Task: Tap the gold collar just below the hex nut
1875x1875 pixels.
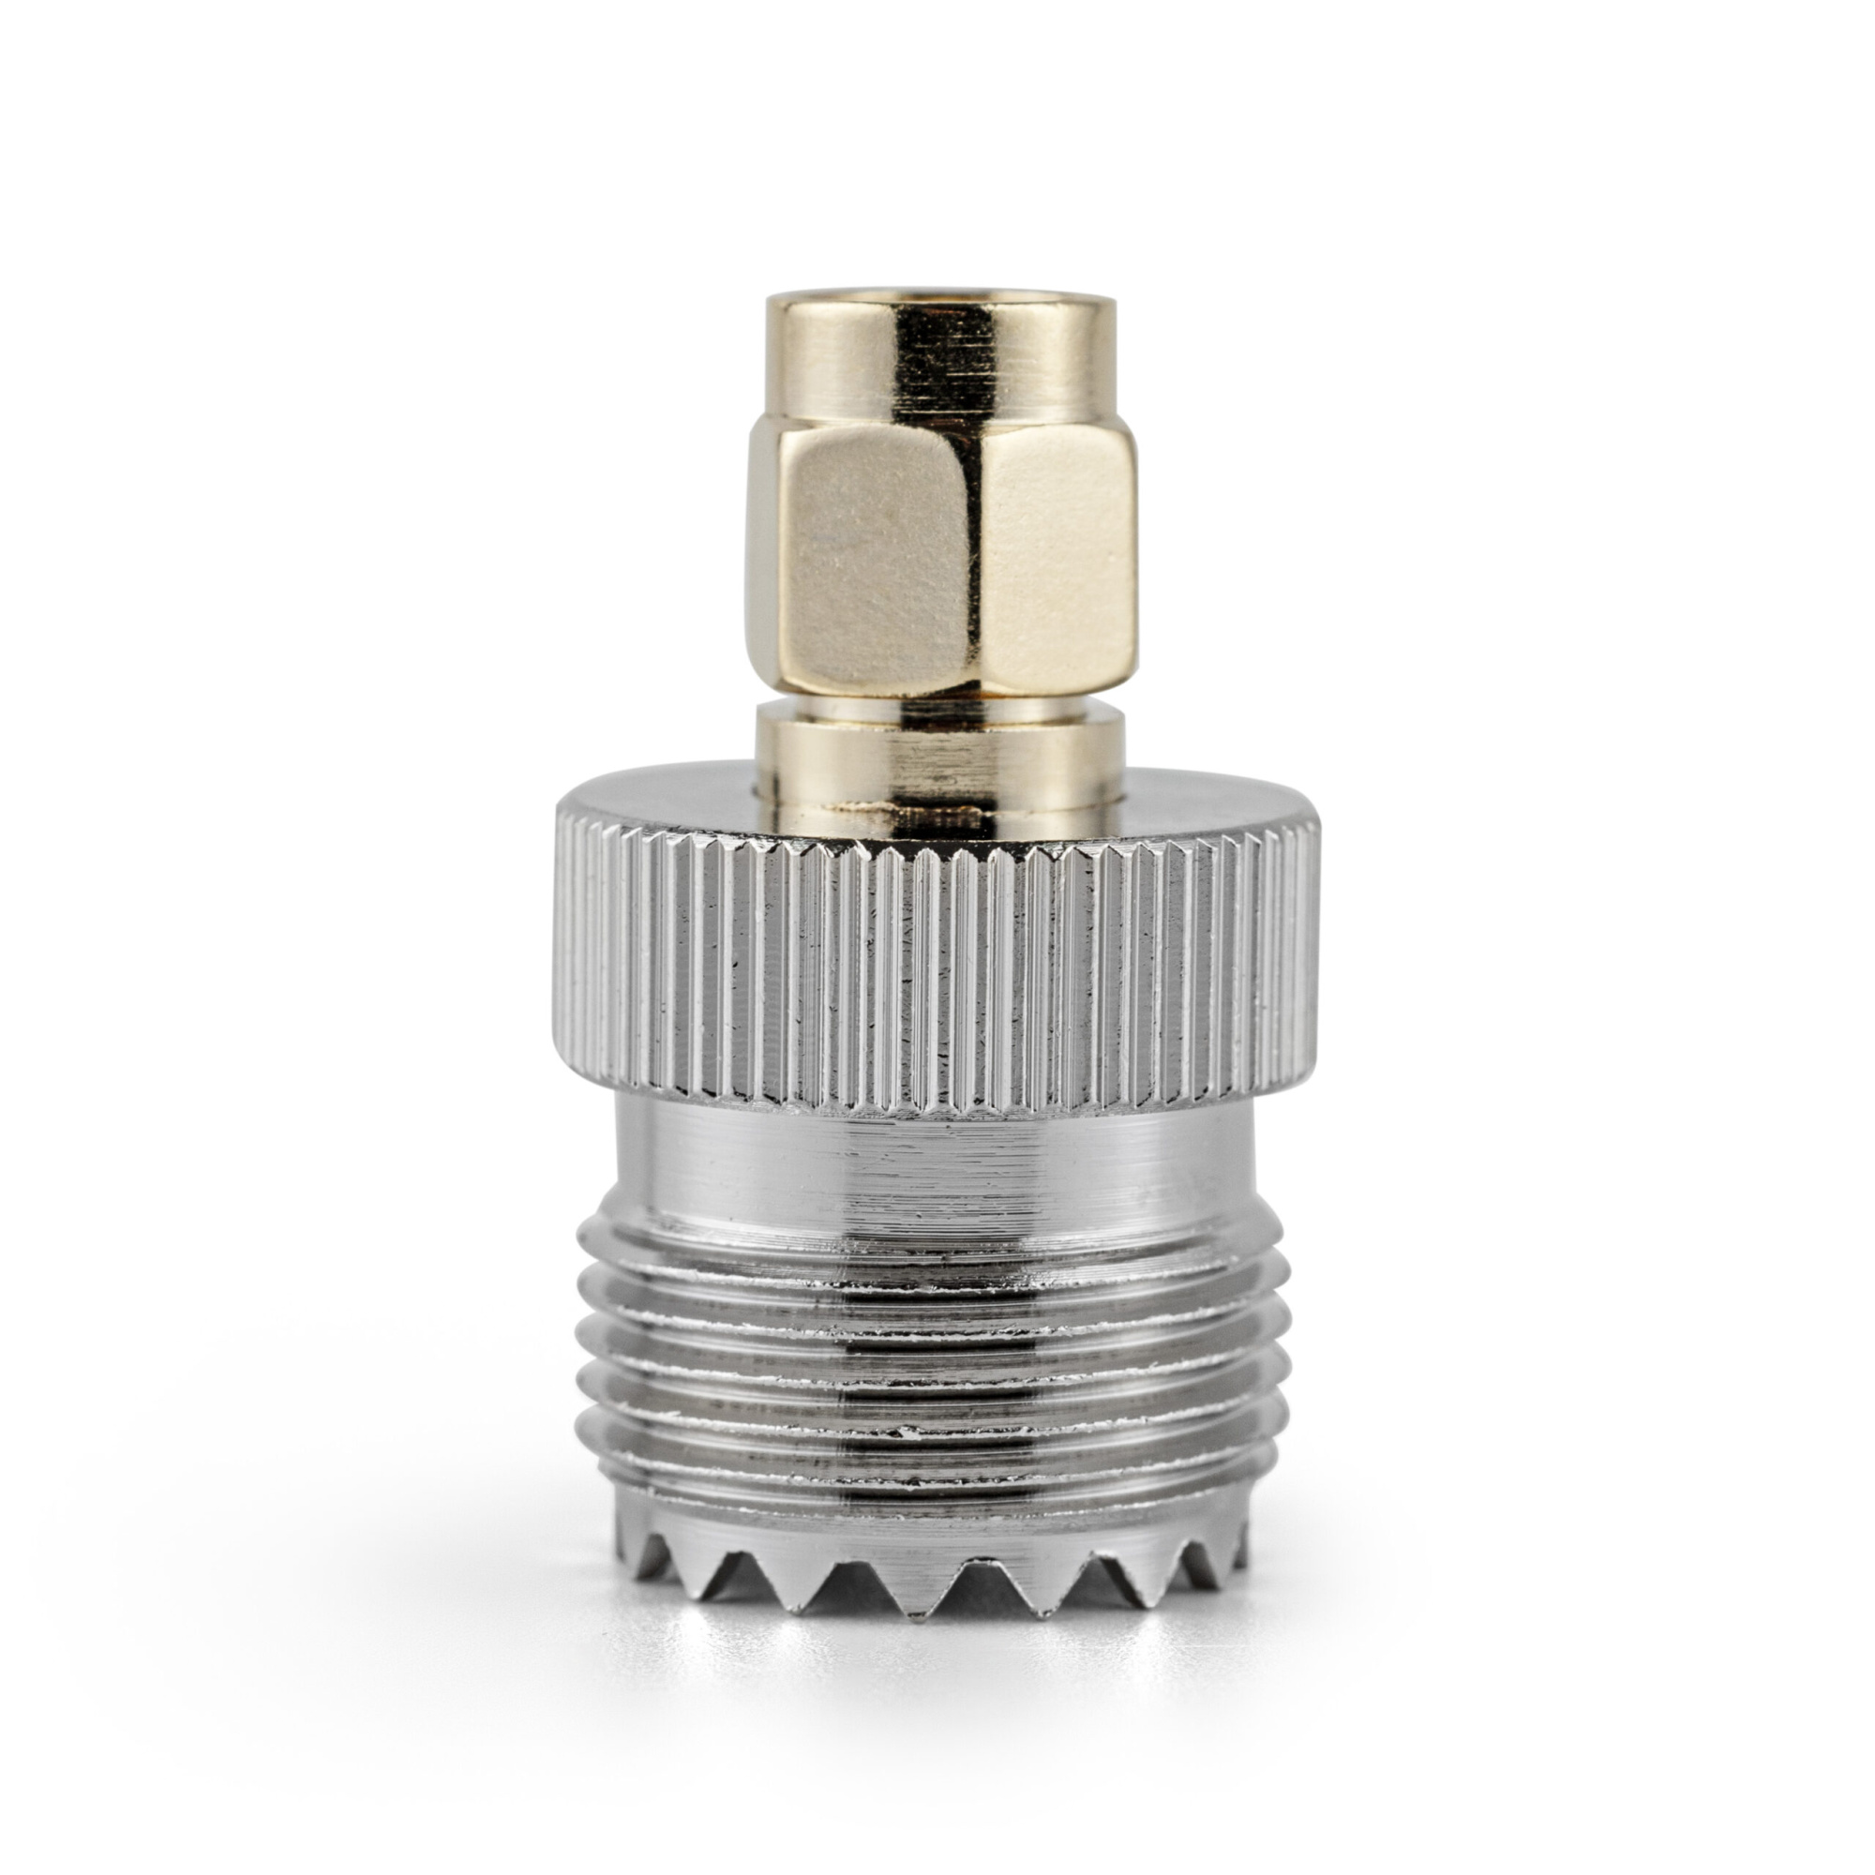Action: click(x=939, y=767)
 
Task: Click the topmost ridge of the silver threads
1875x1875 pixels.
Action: click(x=936, y=1252)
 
